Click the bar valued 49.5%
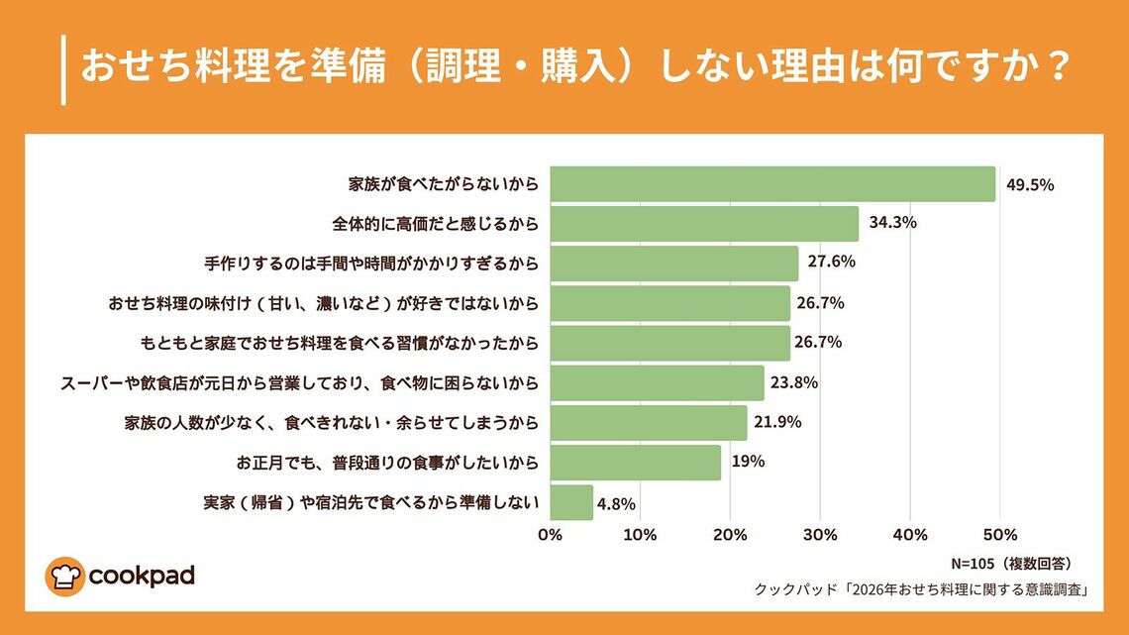point(772,184)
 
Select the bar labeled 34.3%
point(704,223)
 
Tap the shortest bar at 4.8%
point(571,502)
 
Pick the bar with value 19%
point(635,463)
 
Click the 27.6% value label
point(831,263)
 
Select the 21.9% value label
point(777,422)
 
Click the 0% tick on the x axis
point(550,535)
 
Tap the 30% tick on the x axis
point(820,535)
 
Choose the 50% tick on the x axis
point(999,535)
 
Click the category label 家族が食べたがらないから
point(444,184)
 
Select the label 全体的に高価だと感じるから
point(435,224)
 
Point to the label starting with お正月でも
point(387,463)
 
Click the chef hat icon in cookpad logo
point(64,576)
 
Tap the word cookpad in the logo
point(142,576)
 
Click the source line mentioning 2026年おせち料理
point(922,589)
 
